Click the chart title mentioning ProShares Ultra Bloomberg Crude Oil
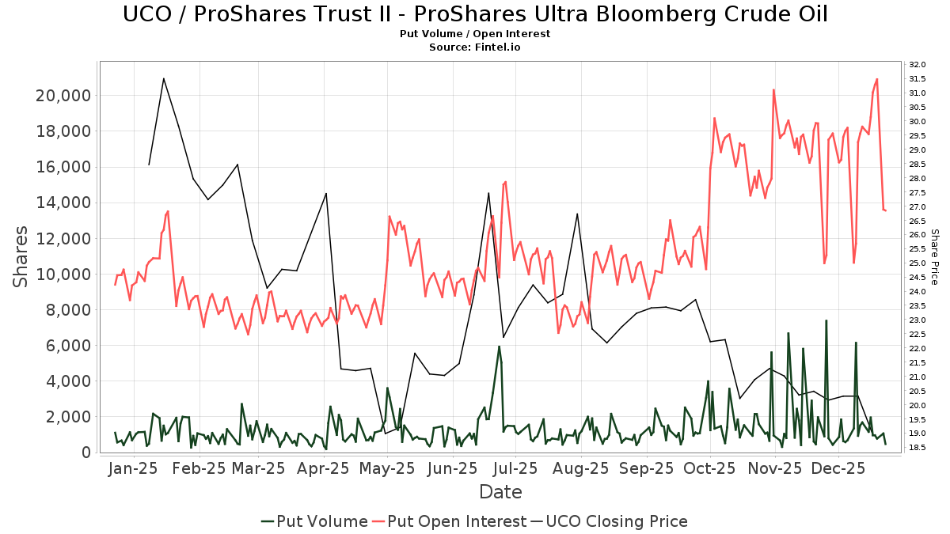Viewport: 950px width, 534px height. coord(475,14)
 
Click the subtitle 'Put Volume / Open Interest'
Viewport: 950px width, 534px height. coord(475,34)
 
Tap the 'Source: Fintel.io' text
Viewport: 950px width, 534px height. coord(475,47)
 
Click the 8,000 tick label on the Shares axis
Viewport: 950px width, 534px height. coord(66,310)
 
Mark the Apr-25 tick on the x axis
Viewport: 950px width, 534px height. coord(323,468)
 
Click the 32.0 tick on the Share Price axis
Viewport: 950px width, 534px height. coord(918,65)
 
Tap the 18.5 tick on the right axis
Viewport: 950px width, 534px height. coord(918,448)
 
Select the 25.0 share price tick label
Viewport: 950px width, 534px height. coord(918,263)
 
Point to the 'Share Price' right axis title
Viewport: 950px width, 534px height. coord(934,257)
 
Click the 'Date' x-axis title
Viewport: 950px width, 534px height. coord(500,492)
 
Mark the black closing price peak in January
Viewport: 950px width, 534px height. coord(163,78)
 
